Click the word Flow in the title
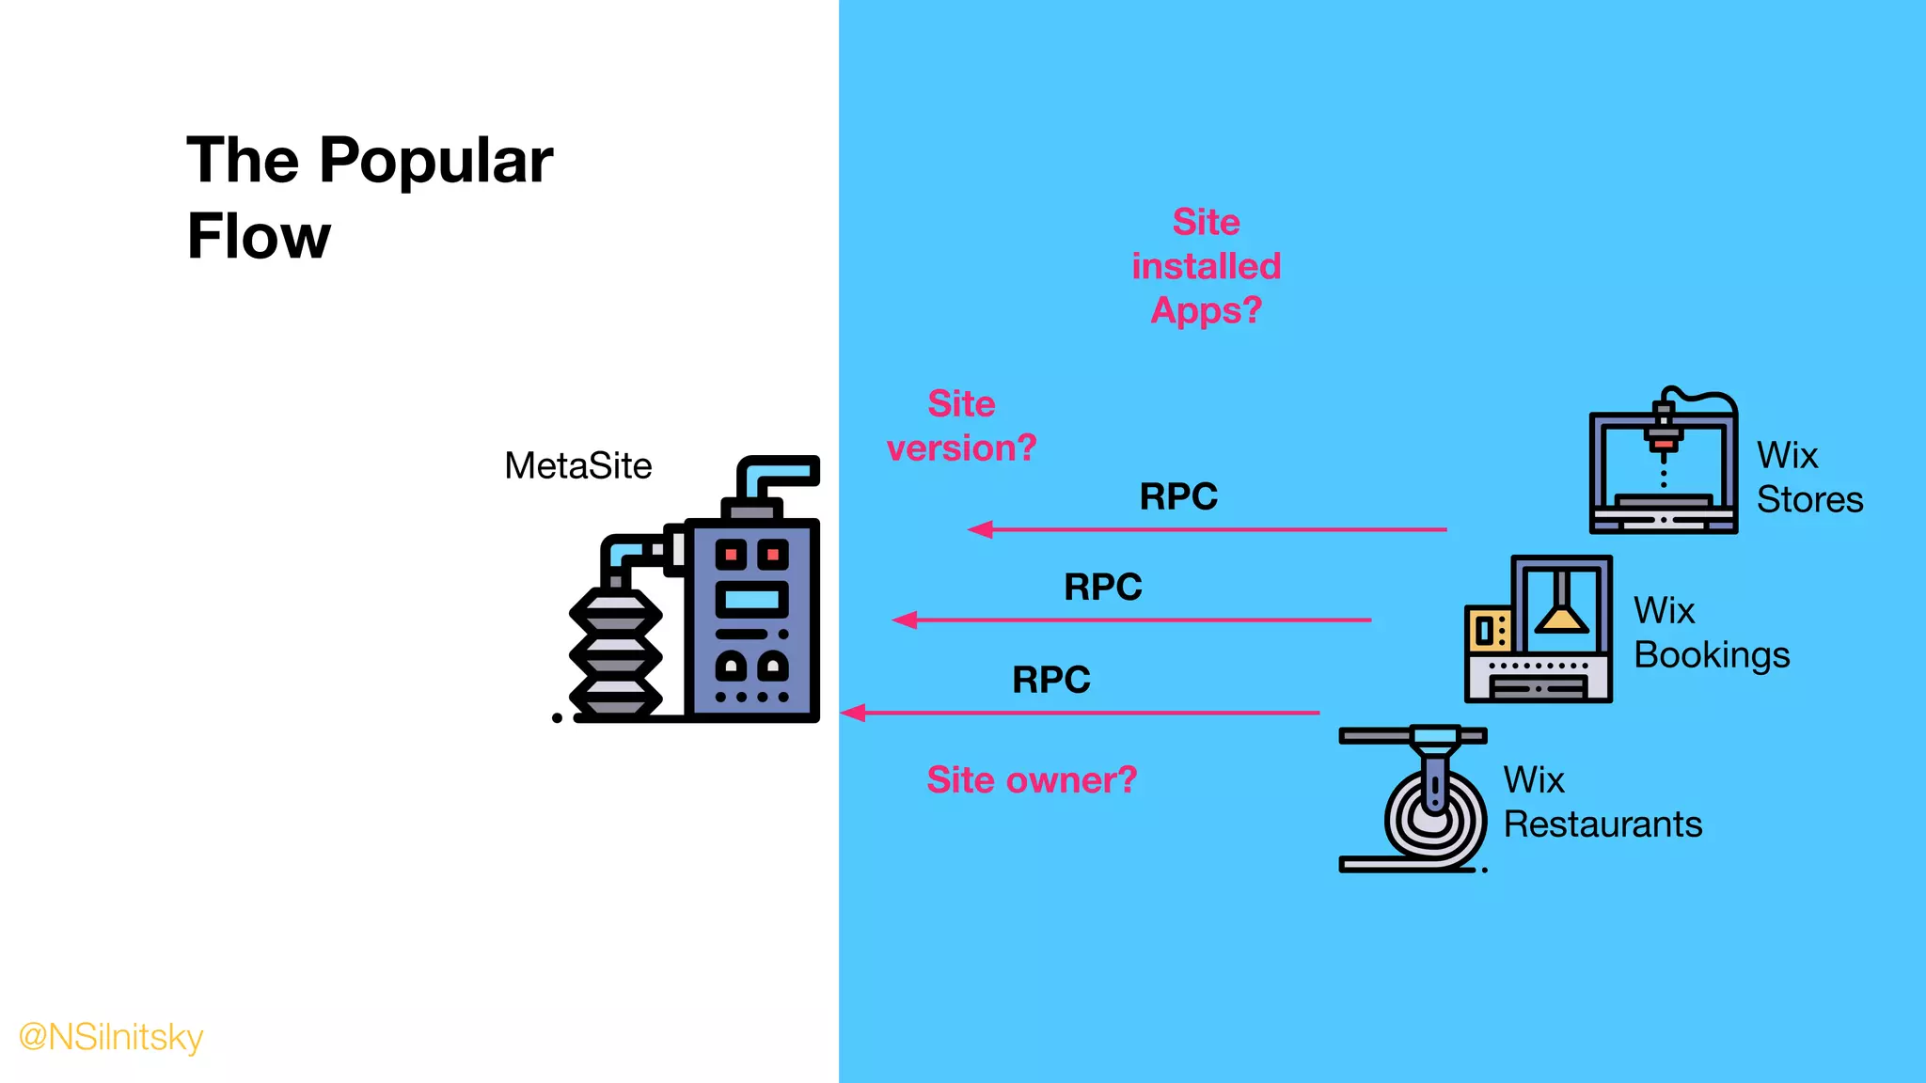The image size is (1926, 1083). pyautogui.click(x=259, y=236)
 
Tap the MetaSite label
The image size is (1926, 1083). pyautogui.click(x=577, y=466)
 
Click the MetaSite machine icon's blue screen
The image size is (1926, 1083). pyautogui.click(x=751, y=599)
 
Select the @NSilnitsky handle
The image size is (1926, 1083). pyautogui.click(x=111, y=1037)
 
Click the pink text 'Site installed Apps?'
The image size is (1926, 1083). pyautogui.click(x=1206, y=266)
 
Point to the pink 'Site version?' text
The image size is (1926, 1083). pyautogui.click(x=961, y=426)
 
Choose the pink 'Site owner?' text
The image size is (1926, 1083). pyautogui.click(x=1032, y=780)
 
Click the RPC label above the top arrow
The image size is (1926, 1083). pyautogui.click(x=1178, y=496)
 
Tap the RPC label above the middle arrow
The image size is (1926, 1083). pyautogui.click(x=1102, y=588)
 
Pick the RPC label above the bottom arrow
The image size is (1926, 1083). pyautogui.click(x=1050, y=680)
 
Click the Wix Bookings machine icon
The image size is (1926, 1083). pyautogui.click(x=1539, y=629)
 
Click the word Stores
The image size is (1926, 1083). pyautogui.click(x=1809, y=499)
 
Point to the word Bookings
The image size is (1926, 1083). pyautogui.click(x=1712, y=655)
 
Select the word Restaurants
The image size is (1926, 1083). pyautogui.click(x=1602, y=824)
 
